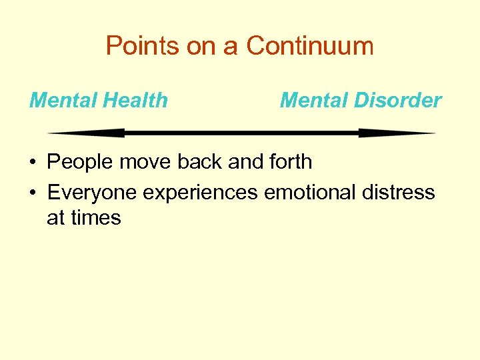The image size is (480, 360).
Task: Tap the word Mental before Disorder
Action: pyautogui.click(x=315, y=101)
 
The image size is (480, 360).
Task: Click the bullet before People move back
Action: pyautogui.click(x=31, y=163)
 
